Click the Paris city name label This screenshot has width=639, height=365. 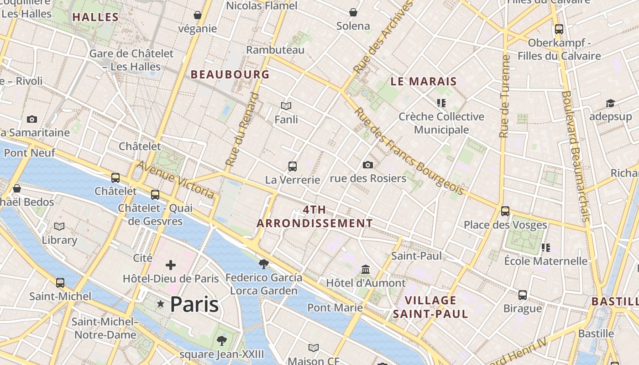click(194, 304)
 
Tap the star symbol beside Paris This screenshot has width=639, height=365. click(160, 304)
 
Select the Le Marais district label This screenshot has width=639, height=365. click(424, 82)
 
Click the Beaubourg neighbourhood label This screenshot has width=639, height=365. click(230, 74)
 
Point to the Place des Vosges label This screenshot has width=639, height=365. click(505, 225)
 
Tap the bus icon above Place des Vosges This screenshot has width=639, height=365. click(505, 211)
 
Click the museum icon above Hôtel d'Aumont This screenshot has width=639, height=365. click(365, 269)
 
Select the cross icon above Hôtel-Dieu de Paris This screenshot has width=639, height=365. click(171, 265)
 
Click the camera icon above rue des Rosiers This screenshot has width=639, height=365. click(368, 165)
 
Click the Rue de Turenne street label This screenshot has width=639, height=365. click(504, 97)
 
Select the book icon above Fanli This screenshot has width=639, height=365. click(286, 106)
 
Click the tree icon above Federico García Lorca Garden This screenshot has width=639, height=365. click(263, 264)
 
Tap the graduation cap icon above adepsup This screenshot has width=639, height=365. click(610, 104)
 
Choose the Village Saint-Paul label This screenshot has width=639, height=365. click(430, 307)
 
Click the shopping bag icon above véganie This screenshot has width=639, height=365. click(198, 15)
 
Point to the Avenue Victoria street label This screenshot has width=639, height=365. click(176, 179)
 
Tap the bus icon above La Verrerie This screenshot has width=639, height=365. click(293, 167)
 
